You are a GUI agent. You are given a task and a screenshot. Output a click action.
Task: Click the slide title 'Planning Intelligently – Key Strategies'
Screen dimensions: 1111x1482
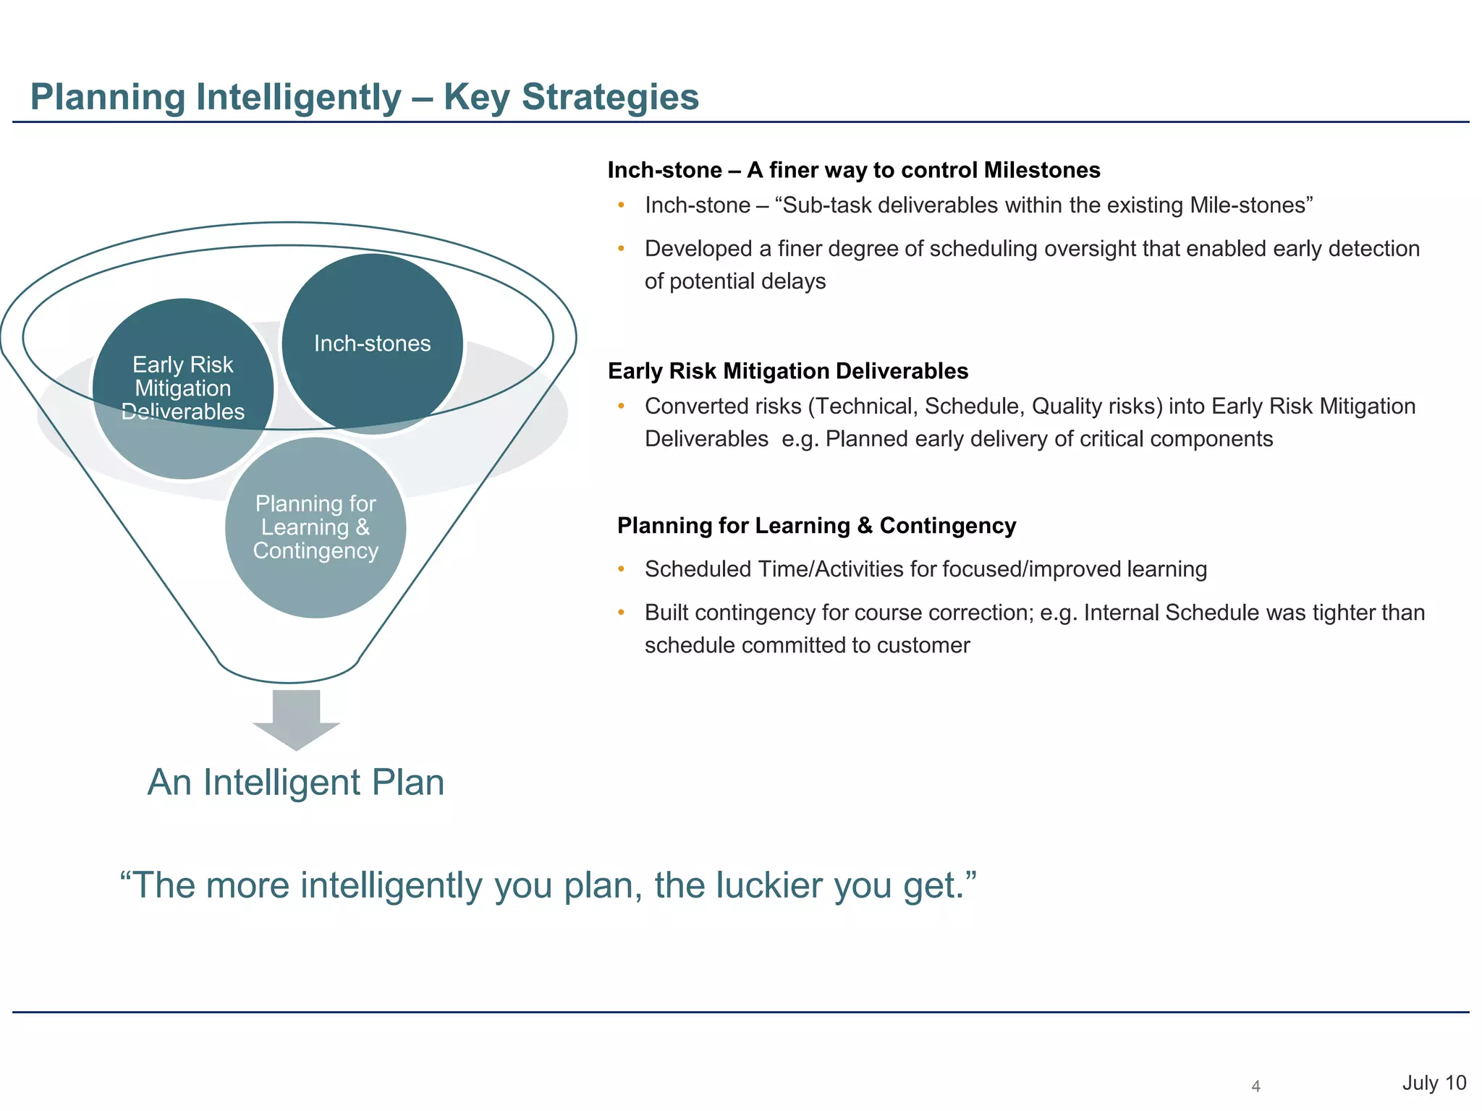[x=364, y=97]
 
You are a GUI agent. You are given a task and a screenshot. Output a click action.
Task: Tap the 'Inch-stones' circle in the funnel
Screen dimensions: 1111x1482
[x=372, y=343]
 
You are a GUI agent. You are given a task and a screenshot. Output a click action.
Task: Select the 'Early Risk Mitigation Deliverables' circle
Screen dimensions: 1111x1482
[x=183, y=388]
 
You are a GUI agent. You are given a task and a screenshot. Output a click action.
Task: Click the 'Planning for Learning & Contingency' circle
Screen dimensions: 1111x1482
[x=316, y=527]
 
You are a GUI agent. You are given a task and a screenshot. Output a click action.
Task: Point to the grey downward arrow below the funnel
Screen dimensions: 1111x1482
[x=296, y=719]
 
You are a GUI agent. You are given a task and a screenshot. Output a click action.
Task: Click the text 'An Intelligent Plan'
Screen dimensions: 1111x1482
[x=296, y=782]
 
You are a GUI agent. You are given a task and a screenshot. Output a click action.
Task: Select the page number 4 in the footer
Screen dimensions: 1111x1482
[x=1256, y=1086]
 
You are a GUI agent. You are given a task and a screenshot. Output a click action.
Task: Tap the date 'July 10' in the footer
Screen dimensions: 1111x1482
[x=1434, y=1083]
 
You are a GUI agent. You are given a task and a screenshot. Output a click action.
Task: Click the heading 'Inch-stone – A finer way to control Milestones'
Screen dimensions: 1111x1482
[x=853, y=170]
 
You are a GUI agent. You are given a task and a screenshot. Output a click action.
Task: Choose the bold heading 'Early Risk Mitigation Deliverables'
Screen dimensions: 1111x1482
[x=787, y=371]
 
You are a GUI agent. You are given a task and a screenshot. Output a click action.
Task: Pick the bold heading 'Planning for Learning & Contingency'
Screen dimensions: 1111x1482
[x=816, y=526]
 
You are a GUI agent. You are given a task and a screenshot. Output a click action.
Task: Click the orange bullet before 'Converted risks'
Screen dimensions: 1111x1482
[x=621, y=406]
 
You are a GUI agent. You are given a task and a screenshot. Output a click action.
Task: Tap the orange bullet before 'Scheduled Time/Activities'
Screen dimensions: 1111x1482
[x=621, y=569]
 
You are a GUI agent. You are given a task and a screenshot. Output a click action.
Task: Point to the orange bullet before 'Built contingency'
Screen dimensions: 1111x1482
[x=621, y=613]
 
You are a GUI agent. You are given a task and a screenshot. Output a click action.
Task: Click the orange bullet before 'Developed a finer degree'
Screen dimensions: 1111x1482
[x=621, y=249]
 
